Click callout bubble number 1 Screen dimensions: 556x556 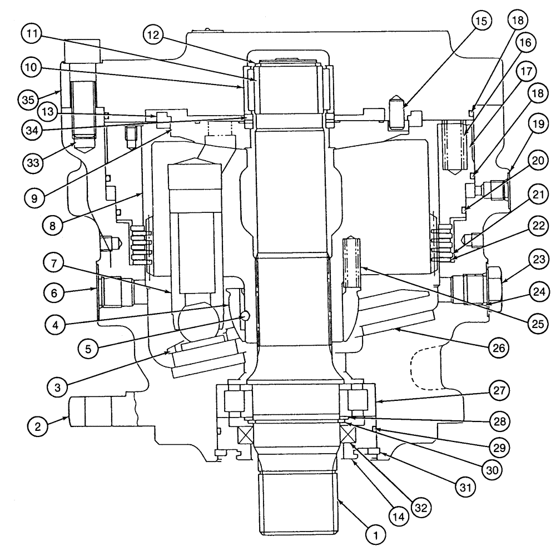(x=376, y=535)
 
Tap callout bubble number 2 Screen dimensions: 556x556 (x=38, y=426)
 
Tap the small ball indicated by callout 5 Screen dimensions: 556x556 (x=245, y=316)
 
